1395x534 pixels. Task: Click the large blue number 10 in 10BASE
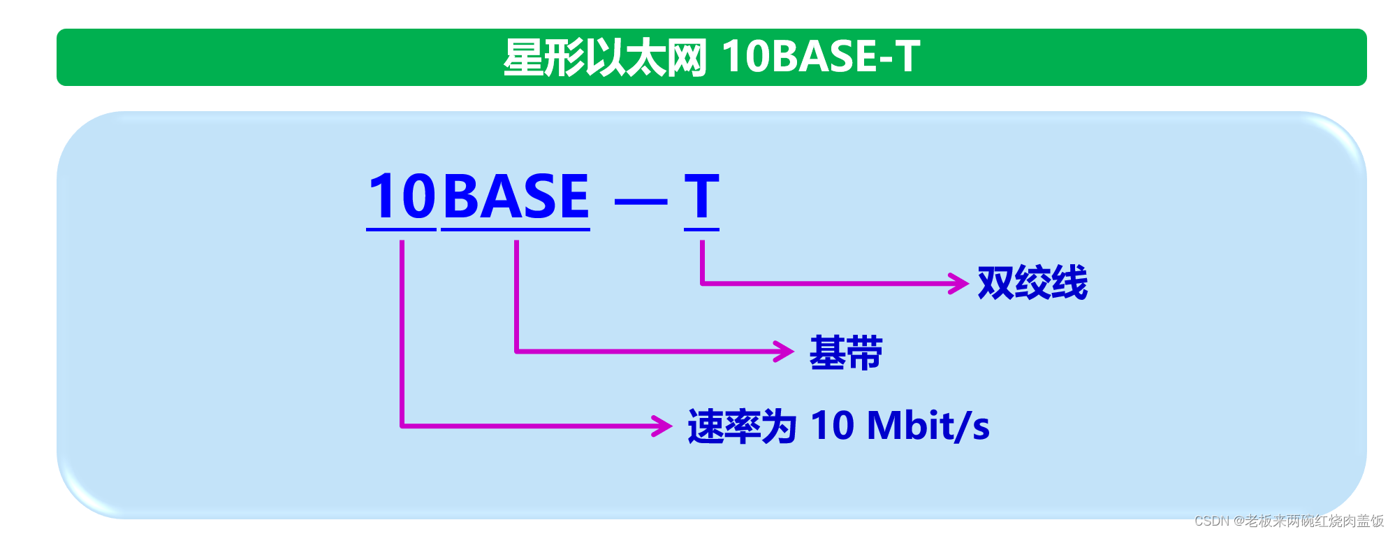tap(402, 196)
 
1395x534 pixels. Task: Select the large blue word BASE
tap(516, 196)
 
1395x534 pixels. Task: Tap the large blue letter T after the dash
tap(701, 196)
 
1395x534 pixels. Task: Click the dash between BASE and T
tap(641, 202)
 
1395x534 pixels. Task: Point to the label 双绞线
tap(1032, 283)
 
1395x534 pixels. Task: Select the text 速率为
tap(742, 426)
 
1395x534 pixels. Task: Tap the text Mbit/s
tap(928, 426)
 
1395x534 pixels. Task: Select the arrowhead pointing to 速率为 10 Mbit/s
tap(662, 426)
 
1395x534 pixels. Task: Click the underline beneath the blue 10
tap(401, 229)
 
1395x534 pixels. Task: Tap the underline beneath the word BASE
tap(516, 229)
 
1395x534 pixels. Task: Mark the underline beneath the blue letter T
tap(701, 229)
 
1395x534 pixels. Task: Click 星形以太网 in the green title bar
tap(605, 57)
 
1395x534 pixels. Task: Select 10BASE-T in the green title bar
tap(821, 57)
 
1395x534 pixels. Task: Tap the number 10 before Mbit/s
tap(832, 426)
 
